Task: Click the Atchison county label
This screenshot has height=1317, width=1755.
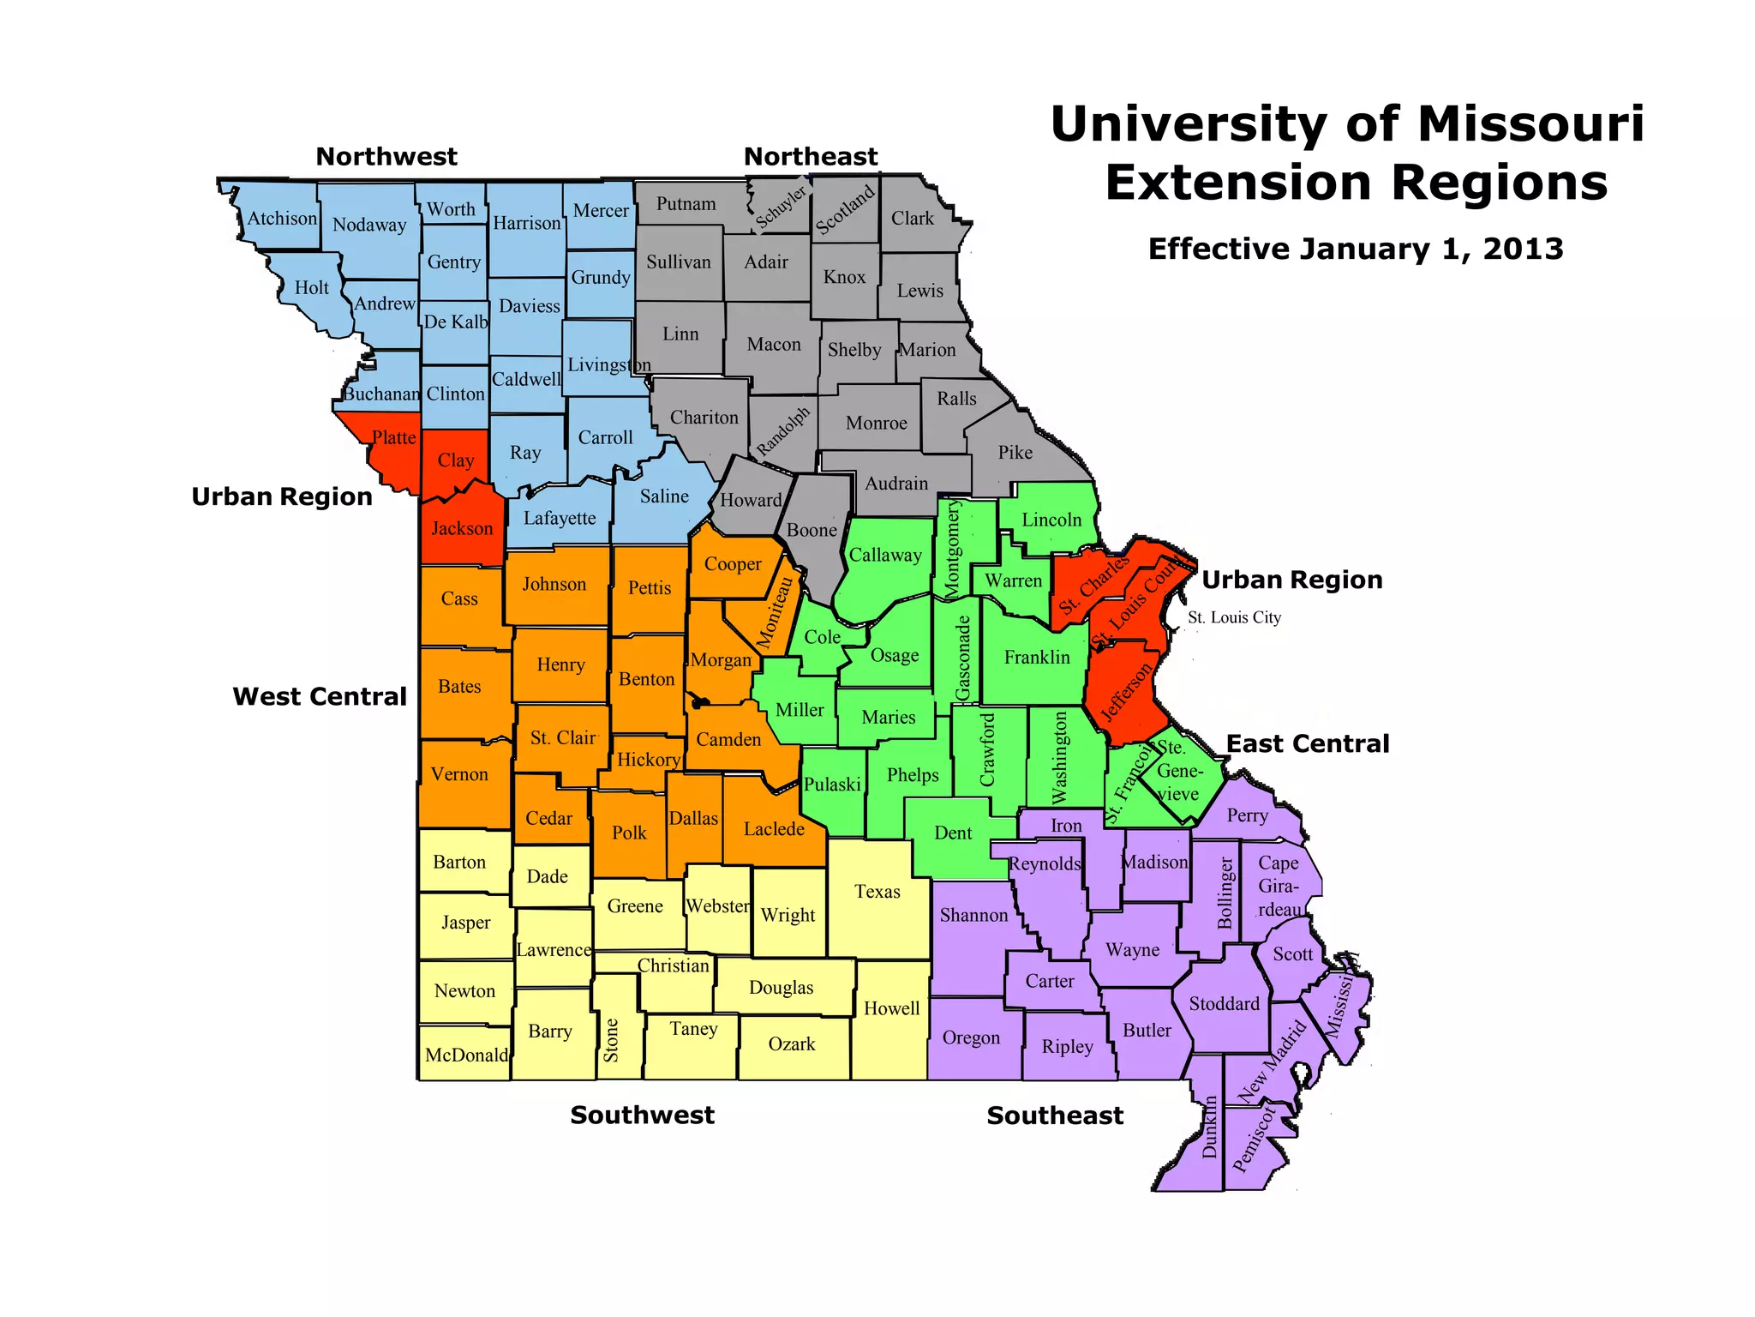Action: (282, 219)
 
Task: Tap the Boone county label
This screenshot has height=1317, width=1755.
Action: (812, 530)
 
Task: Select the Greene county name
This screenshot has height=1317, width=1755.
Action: (635, 906)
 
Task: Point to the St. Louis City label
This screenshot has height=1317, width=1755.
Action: (1234, 617)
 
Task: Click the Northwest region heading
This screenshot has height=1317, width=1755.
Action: (386, 157)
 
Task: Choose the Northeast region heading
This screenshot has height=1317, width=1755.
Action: (811, 157)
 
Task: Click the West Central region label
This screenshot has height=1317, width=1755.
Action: (320, 696)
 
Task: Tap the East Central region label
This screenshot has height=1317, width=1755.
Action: (1308, 743)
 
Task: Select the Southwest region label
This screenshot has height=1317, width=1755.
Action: (642, 1115)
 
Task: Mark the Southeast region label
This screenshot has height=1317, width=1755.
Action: (1055, 1116)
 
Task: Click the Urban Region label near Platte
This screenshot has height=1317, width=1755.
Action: (282, 496)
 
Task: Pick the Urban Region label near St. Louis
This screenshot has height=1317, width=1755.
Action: (1292, 580)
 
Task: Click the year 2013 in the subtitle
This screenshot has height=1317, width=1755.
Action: (1523, 249)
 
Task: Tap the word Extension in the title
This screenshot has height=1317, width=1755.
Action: (1239, 183)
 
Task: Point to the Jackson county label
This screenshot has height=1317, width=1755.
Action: (462, 528)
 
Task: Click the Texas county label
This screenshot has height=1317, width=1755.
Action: (877, 892)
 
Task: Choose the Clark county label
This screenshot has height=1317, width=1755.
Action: (912, 218)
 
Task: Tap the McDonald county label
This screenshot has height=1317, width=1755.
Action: (466, 1055)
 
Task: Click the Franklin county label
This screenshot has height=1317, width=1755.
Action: (1037, 657)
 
